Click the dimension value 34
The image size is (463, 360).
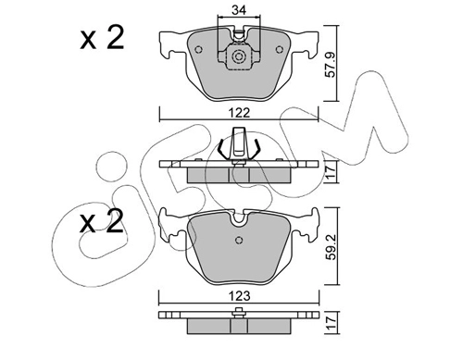(x=239, y=10)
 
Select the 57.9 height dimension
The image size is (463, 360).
(x=331, y=64)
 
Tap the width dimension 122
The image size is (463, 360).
(x=240, y=113)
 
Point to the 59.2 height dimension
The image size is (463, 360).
(x=332, y=246)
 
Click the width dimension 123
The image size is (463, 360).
(x=240, y=296)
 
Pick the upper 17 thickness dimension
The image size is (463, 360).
(x=331, y=172)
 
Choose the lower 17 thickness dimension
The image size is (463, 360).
(x=331, y=323)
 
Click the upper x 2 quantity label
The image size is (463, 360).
(x=102, y=38)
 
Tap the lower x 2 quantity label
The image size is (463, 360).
(x=102, y=221)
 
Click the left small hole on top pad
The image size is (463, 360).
(x=199, y=49)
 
